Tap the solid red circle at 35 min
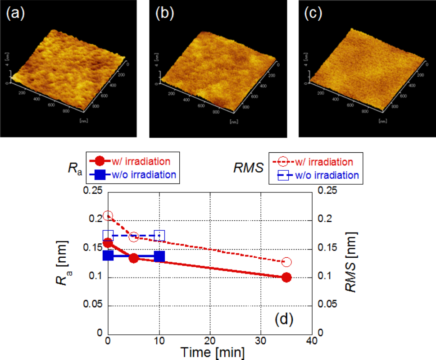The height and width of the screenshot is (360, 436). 286,277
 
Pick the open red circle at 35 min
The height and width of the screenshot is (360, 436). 286,262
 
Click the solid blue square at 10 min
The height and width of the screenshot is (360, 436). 159,256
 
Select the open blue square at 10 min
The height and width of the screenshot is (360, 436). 159,235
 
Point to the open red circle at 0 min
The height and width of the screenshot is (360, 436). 108,216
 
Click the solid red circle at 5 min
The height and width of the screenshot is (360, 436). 134,258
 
